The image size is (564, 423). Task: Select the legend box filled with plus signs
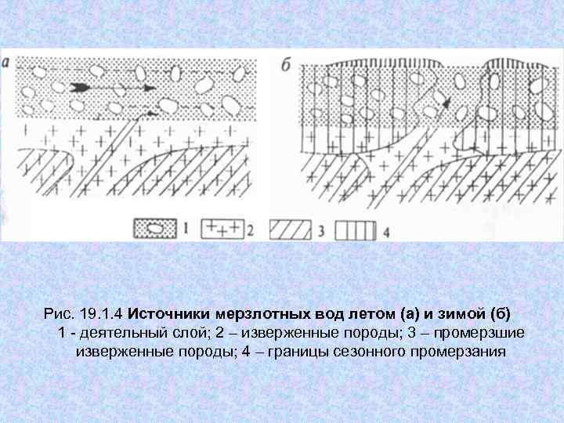coord(222,229)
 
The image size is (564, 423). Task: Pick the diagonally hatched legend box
coord(291,229)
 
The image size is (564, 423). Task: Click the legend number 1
coord(185,229)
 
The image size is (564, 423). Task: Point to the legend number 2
coord(251,230)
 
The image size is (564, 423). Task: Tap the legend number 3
coord(320,230)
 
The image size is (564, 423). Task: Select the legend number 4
coord(386,230)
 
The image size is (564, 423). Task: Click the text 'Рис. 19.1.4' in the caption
coord(84,315)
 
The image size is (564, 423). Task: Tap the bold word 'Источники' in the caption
coord(164,315)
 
